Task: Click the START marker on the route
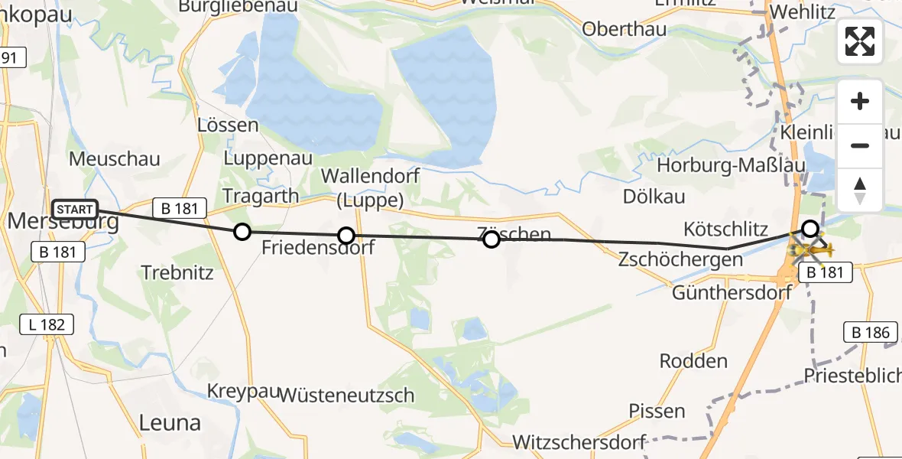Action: coord(75,210)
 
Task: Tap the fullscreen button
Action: coord(860,41)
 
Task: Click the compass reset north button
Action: coord(860,190)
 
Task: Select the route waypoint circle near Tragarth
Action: coord(242,232)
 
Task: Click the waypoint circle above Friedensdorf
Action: coord(346,236)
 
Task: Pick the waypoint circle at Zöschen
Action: coord(492,239)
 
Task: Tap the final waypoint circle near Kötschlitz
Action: coord(810,228)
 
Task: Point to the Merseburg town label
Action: coord(63,223)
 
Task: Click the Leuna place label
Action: coord(170,422)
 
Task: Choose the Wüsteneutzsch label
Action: coord(347,396)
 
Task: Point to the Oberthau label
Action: coord(624,29)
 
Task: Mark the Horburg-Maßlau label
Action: coord(726,166)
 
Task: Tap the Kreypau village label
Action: coord(241,392)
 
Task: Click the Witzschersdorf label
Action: coord(579,442)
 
